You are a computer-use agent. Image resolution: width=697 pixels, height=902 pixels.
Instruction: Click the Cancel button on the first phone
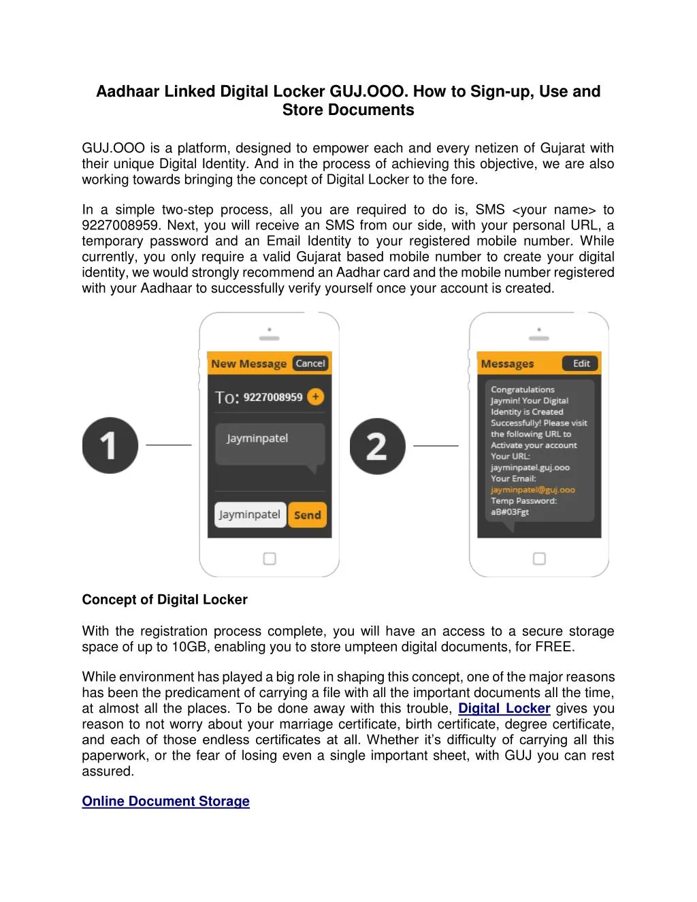point(310,364)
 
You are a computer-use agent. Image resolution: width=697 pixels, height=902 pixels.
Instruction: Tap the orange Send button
point(307,515)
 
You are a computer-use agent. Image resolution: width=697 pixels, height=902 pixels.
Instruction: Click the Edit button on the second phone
point(581,364)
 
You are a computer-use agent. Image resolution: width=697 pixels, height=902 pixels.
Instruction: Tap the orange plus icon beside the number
point(315,397)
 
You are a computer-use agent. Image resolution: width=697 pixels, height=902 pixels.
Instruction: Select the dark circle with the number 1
point(110,446)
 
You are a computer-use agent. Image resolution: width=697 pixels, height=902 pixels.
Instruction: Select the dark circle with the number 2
point(377,446)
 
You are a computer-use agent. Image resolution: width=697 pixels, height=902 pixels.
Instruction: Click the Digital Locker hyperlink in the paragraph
point(504,709)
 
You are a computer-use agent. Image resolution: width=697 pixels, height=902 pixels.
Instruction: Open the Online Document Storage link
point(165,801)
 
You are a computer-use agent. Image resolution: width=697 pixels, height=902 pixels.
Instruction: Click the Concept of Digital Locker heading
point(165,600)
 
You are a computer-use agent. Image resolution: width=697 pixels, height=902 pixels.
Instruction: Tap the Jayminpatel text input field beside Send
point(249,515)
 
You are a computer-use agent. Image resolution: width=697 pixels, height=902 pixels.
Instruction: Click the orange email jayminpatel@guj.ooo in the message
point(532,489)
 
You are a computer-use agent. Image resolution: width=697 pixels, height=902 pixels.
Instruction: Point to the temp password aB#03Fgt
point(510,512)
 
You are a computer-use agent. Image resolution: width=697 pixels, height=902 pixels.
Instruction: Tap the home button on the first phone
point(270,559)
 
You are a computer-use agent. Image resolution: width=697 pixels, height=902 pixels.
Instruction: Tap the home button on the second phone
point(539,559)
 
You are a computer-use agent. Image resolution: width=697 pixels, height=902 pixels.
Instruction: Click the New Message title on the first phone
point(248,364)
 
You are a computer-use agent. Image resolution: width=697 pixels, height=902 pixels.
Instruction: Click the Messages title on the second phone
point(507,364)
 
